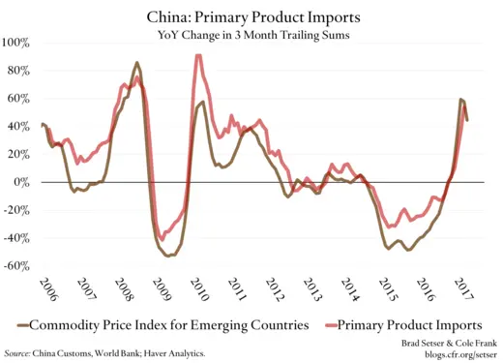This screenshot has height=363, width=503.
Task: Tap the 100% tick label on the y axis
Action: pos(16,43)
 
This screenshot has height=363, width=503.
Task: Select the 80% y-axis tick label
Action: pos(19,71)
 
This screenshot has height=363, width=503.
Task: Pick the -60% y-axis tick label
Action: pos(17,266)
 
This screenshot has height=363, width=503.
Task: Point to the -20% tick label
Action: pos(17,210)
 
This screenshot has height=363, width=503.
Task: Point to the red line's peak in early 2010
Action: pos(198,56)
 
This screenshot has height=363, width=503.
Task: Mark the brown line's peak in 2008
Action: pos(136,63)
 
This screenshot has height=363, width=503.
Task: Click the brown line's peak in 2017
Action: pos(461,99)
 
